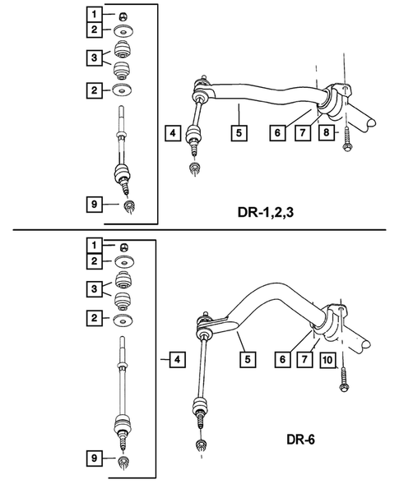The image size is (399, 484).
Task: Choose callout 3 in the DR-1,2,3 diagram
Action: [x=96, y=58]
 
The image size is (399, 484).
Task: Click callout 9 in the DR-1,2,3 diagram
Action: [x=96, y=201]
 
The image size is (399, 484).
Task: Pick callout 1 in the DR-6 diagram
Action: [x=96, y=246]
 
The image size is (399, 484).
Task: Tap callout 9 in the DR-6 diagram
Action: [x=96, y=458]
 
